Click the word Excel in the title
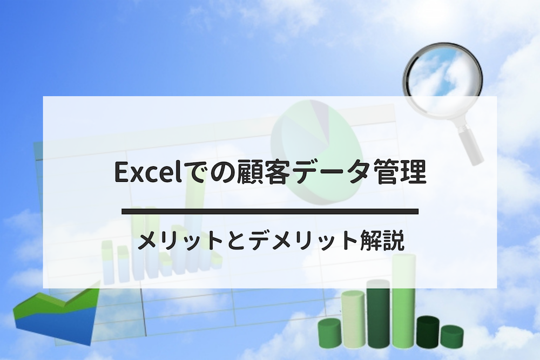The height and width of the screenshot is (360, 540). (x=148, y=172)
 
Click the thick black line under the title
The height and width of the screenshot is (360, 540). (x=270, y=212)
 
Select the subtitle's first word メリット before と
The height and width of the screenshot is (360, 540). (x=180, y=241)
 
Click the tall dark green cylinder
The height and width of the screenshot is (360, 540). (x=378, y=313)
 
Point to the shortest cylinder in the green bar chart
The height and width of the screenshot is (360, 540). (x=452, y=336)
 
